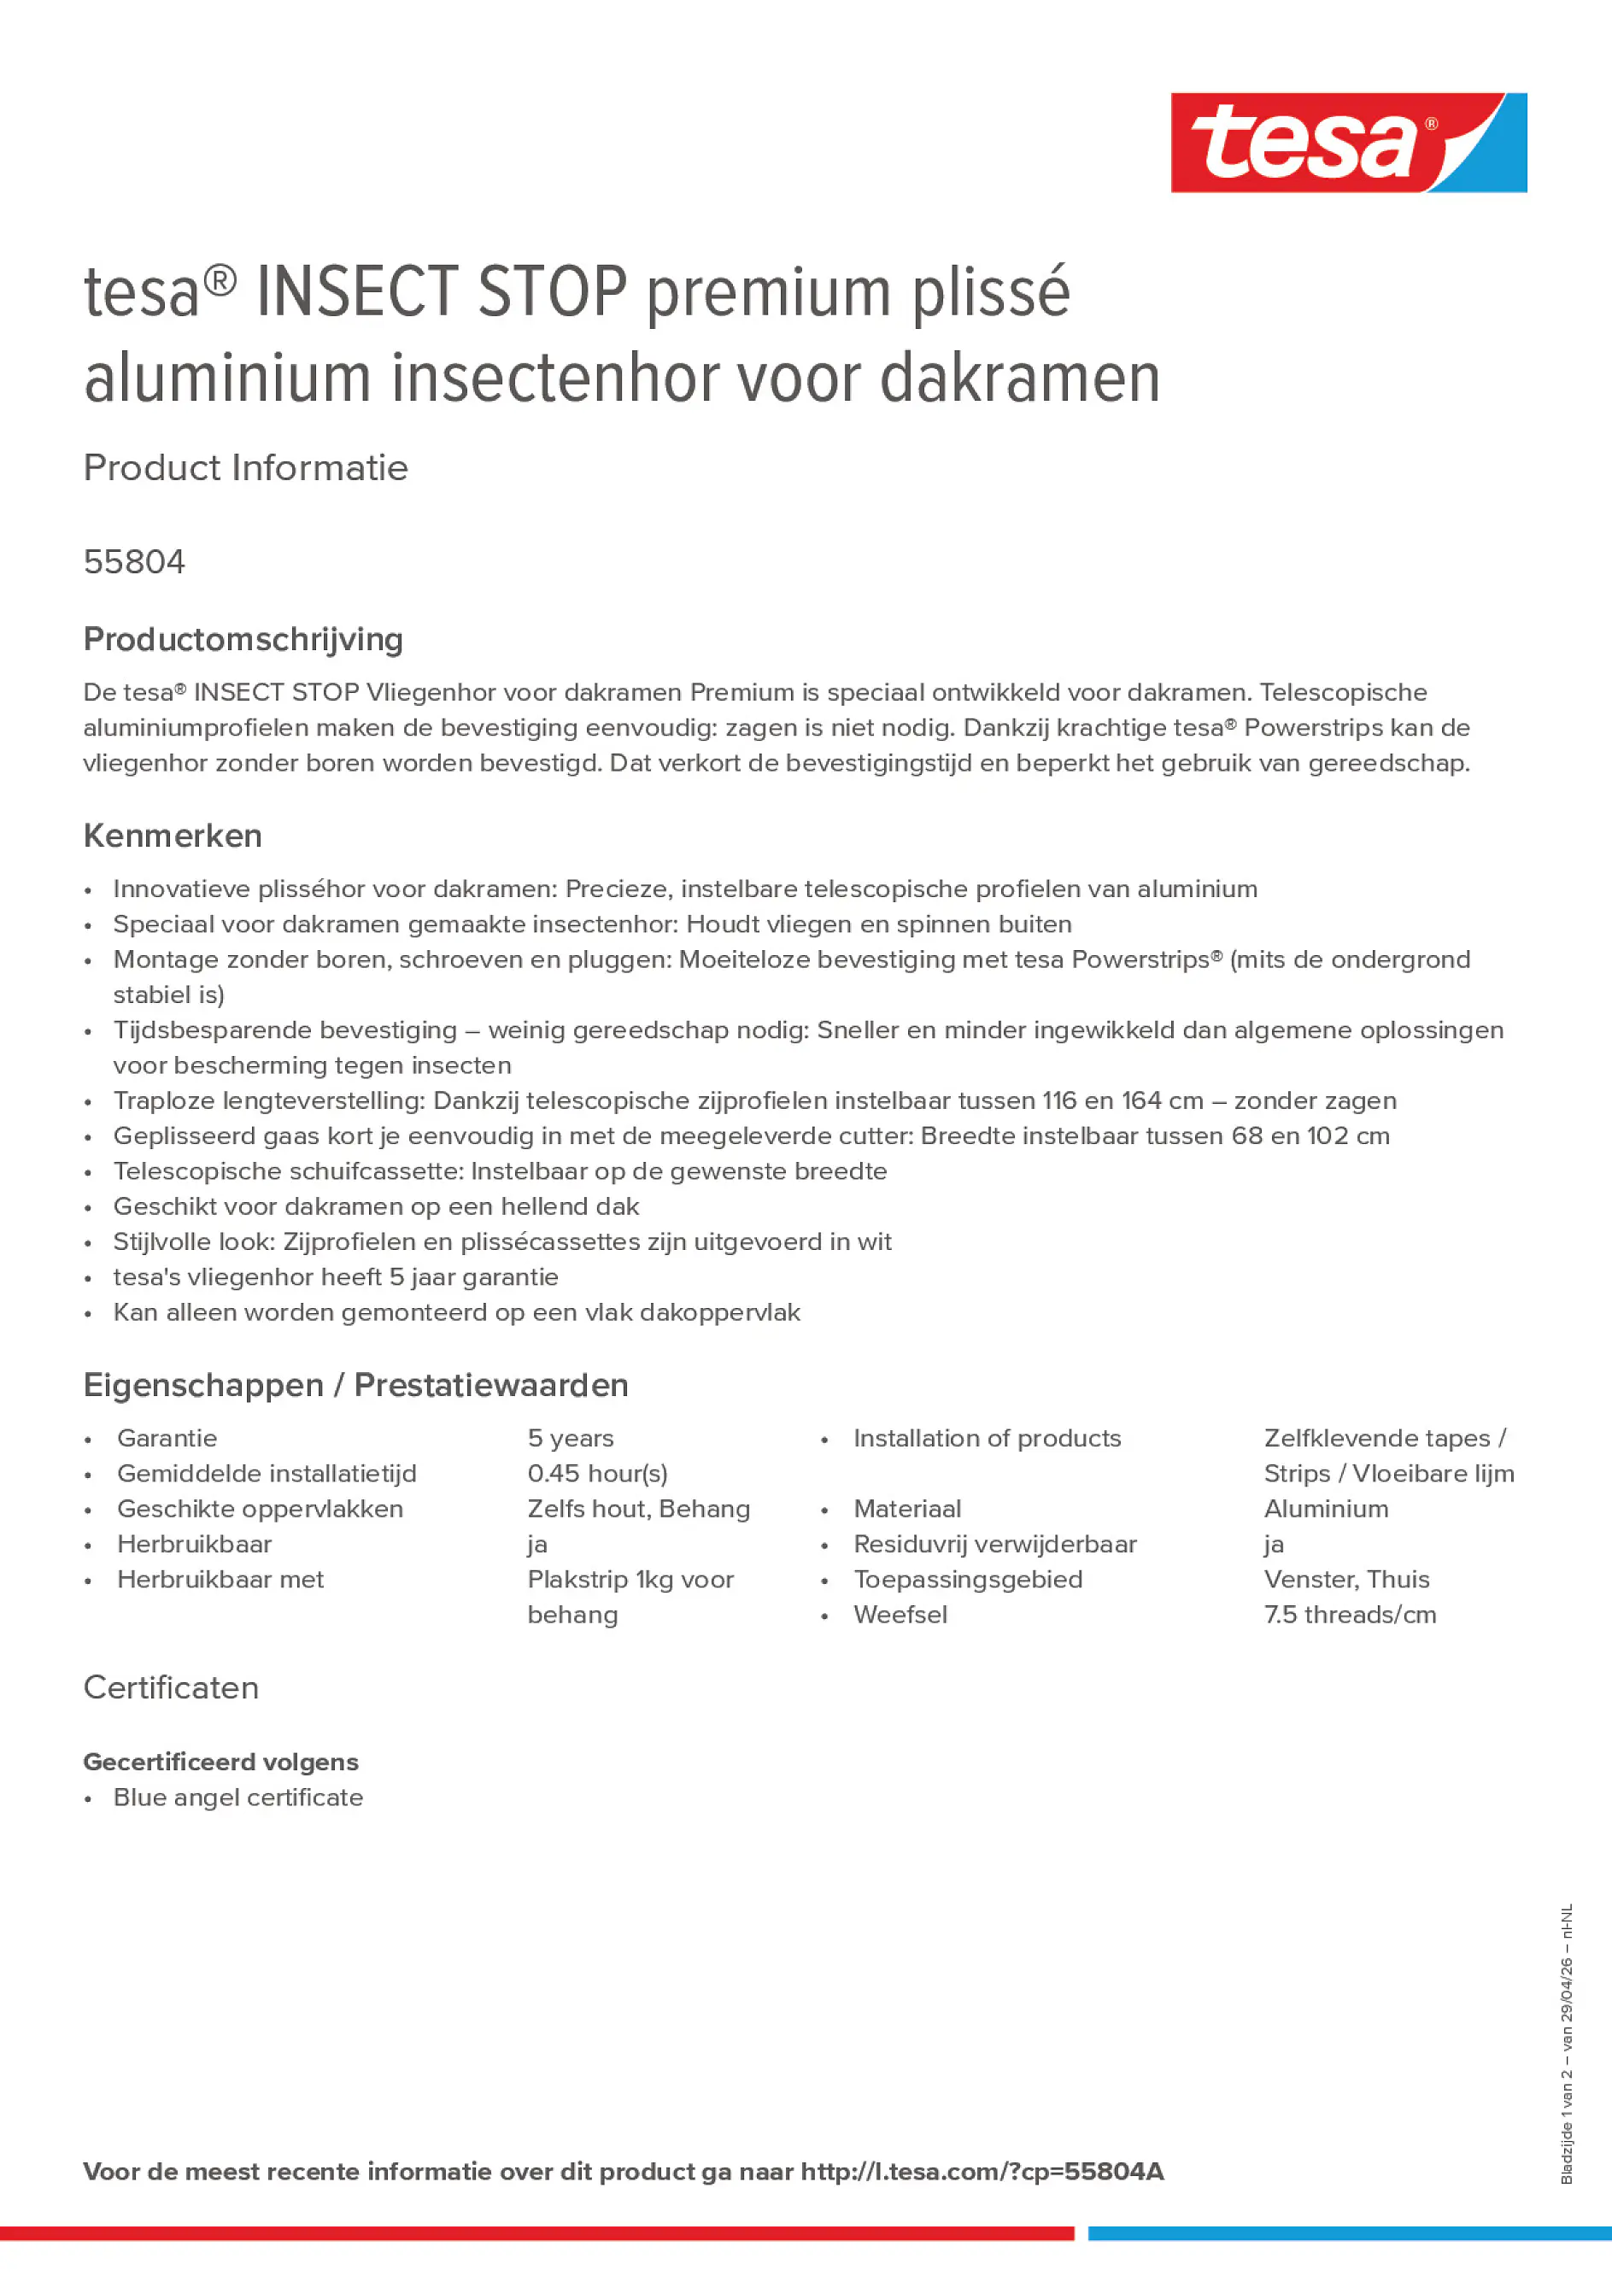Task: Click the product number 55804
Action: click(x=134, y=561)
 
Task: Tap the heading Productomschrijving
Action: click(x=243, y=639)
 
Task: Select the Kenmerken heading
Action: click(x=172, y=835)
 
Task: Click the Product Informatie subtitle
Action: click(x=245, y=467)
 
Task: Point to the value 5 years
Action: click(x=570, y=1437)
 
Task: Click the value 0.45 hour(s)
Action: click(x=596, y=1473)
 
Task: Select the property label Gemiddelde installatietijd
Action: click(x=267, y=1473)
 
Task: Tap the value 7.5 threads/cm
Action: click(x=1349, y=1614)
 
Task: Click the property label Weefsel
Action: click(x=900, y=1614)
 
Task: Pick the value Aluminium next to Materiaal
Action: click(x=1326, y=1508)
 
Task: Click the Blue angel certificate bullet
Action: click(x=237, y=1797)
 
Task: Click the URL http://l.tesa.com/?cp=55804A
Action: click(x=981, y=2171)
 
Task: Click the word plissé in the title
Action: click(x=990, y=292)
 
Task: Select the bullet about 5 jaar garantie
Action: click(x=335, y=1276)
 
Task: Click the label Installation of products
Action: click(x=986, y=1437)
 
